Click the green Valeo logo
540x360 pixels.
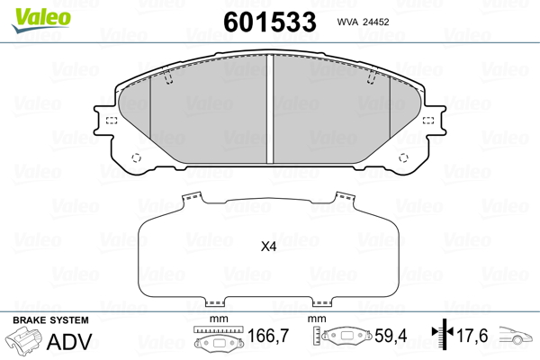[x=41, y=20]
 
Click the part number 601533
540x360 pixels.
[x=270, y=22]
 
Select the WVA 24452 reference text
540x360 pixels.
[x=363, y=22]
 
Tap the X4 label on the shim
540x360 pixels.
[x=268, y=247]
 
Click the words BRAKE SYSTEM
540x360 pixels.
[x=50, y=320]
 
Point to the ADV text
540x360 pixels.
[x=69, y=342]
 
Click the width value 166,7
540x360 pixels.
[x=268, y=336]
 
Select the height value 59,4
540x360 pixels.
[x=391, y=336]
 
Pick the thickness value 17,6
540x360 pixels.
[x=472, y=336]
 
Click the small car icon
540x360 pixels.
[x=515, y=335]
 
